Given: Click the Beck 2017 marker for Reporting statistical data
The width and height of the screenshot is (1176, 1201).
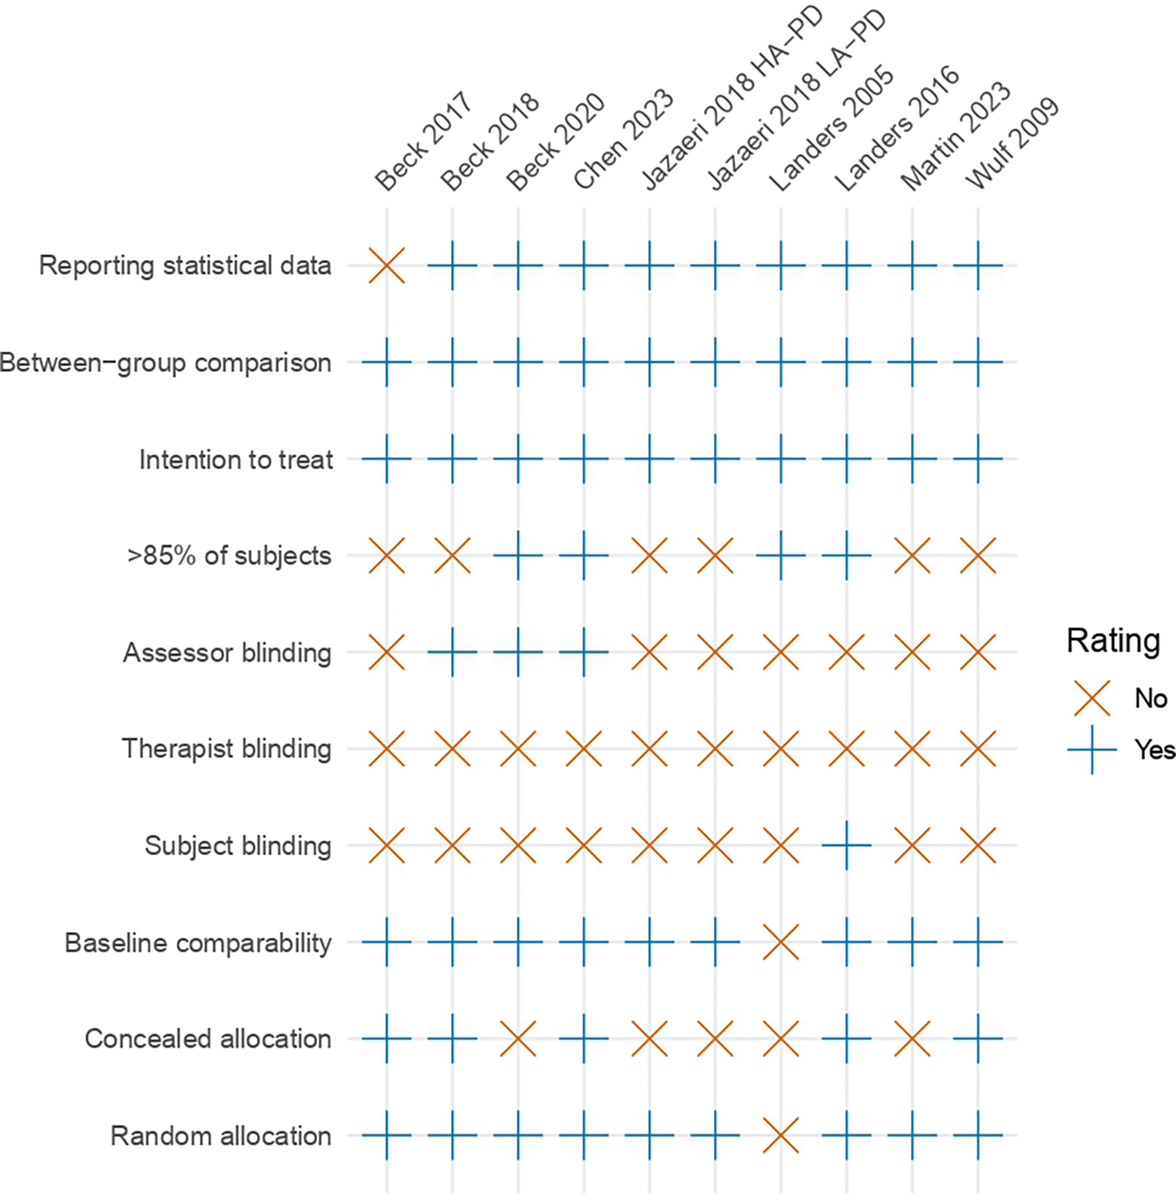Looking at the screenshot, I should (387, 266).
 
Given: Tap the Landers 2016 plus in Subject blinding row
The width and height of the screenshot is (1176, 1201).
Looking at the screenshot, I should (847, 845).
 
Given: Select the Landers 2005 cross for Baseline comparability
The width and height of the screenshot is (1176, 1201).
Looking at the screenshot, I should (781, 942).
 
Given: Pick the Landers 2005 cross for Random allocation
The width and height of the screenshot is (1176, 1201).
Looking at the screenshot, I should (781, 1135).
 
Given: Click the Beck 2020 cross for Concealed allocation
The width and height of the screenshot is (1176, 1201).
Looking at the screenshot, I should (518, 1039).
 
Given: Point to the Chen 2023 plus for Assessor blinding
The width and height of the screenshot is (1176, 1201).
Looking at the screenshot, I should (584, 652).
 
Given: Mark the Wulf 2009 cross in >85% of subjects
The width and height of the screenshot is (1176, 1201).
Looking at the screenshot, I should (978, 556).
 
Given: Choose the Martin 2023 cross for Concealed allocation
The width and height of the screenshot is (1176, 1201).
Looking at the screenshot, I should (912, 1039).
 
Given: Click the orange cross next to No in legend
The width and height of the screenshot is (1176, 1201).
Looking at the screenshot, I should (1092, 698).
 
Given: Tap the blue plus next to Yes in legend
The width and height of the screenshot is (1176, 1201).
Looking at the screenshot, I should (1092, 749).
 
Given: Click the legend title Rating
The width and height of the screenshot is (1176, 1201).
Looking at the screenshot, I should (1113, 640).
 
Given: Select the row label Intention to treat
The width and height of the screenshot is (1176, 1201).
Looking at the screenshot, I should (236, 460).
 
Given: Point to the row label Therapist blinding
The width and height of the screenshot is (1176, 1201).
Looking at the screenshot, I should (227, 749).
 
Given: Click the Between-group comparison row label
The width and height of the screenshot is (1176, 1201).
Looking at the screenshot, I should (165, 363).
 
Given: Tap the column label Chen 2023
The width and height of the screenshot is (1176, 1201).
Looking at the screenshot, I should (624, 139).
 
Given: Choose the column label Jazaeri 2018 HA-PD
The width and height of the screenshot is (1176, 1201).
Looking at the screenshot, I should (732, 100).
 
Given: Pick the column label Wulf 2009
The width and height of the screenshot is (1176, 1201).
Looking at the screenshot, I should (1012, 144).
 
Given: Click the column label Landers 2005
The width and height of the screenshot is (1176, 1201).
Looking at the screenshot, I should (831, 130).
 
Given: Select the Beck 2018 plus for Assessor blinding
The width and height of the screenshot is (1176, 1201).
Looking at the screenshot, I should (452, 652).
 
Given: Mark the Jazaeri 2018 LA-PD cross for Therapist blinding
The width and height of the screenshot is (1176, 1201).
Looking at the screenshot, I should (716, 749).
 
